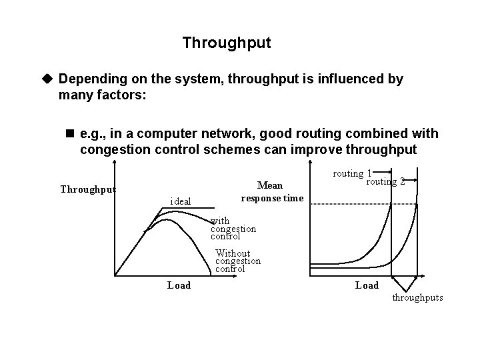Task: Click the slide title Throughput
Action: point(227,43)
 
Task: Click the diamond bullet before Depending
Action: point(47,79)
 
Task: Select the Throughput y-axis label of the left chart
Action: point(88,189)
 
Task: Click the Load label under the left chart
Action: point(179,285)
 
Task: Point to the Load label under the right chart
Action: point(367,285)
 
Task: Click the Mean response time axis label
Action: point(272,191)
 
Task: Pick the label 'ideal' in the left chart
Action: point(181,201)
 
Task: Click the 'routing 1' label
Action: point(352,173)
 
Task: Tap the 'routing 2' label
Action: point(386,181)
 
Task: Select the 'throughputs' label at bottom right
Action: point(417,297)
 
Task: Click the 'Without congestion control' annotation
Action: point(238,261)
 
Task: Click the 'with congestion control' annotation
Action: point(233,229)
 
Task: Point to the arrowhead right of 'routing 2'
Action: point(415,181)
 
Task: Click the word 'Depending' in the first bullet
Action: point(91,79)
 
